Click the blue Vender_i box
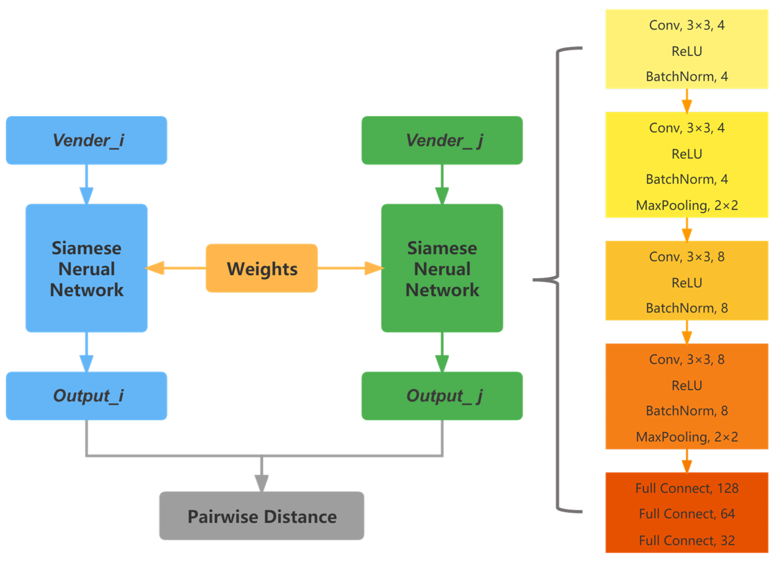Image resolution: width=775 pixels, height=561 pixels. coord(86,140)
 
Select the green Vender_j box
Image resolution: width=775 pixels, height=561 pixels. coord(442,140)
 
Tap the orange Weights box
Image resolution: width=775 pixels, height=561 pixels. coord(261,268)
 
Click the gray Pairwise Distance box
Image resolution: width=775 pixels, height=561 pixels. coord(261,516)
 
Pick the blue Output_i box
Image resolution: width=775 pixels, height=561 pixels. coord(86,396)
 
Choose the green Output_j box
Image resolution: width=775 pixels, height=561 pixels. coord(442,396)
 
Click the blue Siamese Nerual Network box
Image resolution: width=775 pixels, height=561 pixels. coord(86,268)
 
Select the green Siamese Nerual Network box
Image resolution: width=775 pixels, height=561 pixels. coord(442,268)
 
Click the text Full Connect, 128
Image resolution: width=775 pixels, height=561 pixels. coord(686,488)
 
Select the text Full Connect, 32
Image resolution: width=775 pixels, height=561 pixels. coord(686,540)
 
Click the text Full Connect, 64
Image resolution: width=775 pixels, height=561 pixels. coord(686,514)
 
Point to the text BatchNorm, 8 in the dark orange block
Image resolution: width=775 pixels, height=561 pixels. coord(686,411)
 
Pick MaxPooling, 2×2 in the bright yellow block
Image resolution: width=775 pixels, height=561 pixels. coord(686,205)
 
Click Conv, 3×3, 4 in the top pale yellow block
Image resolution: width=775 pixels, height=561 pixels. coord(686,25)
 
